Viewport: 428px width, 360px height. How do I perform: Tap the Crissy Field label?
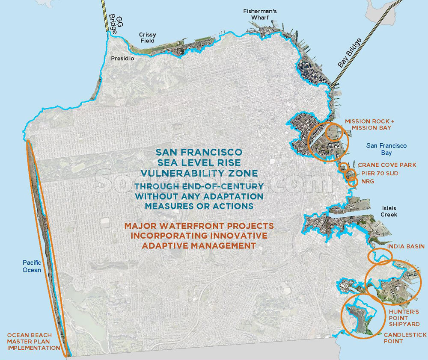[148, 38]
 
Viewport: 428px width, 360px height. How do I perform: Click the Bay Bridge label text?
[350, 53]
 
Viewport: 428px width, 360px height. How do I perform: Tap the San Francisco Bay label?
[386, 149]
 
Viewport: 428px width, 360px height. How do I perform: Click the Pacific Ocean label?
[32, 266]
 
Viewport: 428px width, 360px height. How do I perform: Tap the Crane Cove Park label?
[387, 165]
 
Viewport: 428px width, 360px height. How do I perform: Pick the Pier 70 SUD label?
[380, 173]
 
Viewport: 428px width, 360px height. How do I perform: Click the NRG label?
[368, 181]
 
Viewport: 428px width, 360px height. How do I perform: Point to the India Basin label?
[405, 247]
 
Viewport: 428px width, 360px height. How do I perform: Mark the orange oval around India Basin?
[380, 256]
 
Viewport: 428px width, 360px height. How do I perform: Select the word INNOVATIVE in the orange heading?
[234, 236]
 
